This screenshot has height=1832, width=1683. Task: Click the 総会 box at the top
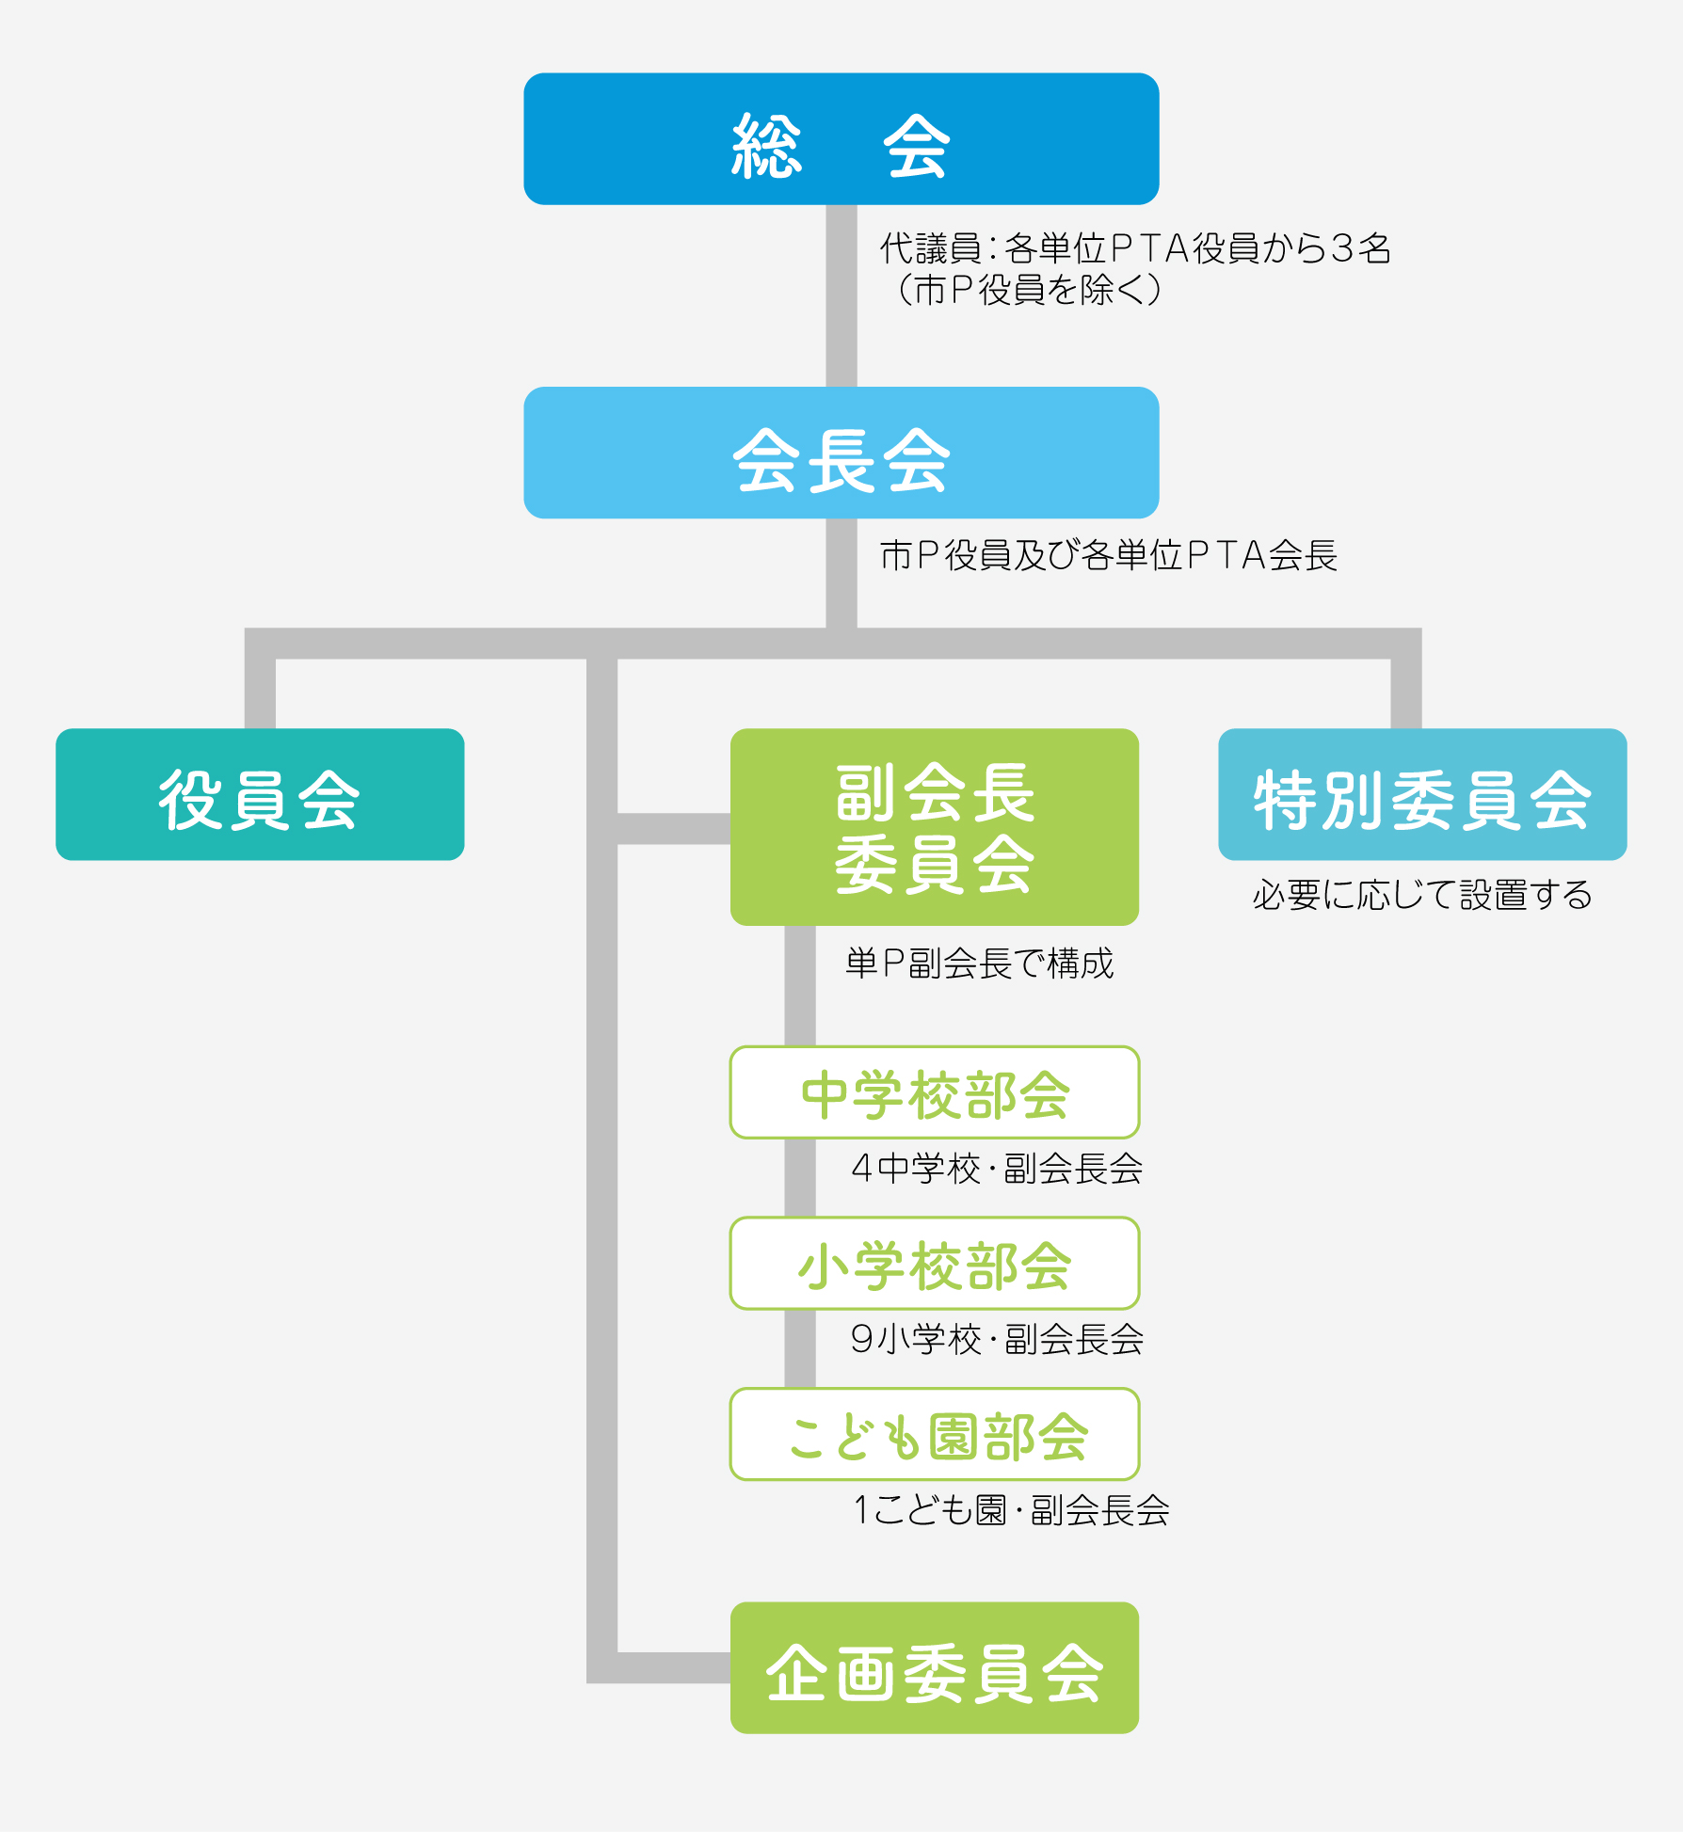[841, 139]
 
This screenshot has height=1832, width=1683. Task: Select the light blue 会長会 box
[841, 453]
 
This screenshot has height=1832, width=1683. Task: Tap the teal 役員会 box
[260, 794]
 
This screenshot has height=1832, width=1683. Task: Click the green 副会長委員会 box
[935, 827]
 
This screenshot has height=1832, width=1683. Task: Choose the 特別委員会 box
[1422, 794]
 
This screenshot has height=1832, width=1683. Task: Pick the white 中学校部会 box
[935, 1092]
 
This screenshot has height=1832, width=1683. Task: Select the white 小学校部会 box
[935, 1264]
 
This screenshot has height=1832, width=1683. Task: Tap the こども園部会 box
[935, 1434]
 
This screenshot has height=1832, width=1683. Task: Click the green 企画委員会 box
[935, 1668]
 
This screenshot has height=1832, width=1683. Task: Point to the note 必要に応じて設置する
[1421, 895]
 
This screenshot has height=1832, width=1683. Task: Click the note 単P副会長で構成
[979, 964]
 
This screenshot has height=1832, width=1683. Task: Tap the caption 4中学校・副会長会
[996, 1169]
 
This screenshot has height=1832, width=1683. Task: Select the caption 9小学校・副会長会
[996, 1339]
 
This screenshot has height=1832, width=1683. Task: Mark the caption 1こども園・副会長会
[1010, 1510]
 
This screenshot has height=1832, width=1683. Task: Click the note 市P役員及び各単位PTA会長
[1108, 555]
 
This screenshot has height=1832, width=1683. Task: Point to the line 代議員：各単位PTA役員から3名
[1135, 248]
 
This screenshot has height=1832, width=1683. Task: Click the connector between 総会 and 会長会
[841, 295]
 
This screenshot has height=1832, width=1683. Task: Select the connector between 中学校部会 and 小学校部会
[800, 1177]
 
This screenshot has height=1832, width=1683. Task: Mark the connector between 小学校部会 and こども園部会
[800, 1348]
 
